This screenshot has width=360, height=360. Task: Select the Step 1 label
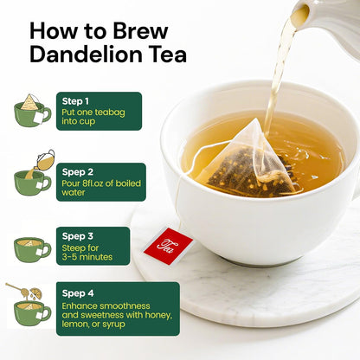(x=75, y=101)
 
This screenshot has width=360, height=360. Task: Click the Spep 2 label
(x=78, y=172)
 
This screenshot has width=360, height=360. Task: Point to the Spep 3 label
(x=78, y=236)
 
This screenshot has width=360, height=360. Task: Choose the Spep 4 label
(x=78, y=293)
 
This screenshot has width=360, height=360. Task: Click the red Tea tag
(x=169, y=246)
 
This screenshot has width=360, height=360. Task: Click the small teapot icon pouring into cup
(x=45, y=160)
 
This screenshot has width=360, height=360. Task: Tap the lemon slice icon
(x=36, y=292)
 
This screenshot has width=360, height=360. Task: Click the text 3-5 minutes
(x=87, y=257)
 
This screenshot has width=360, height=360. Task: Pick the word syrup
(x=113, y=325)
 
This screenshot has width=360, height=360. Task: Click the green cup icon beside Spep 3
(x=32, y=250)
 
